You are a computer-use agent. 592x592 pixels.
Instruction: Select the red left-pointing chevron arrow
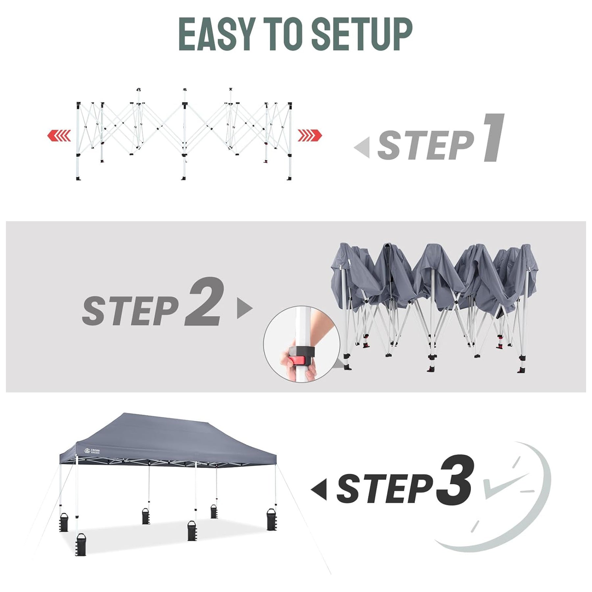[59, 136]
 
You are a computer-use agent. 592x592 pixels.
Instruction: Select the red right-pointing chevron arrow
[310, 136]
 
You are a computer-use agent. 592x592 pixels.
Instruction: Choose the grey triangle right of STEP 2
[245, 308]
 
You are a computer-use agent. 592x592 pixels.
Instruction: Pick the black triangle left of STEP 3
[319, 489]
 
